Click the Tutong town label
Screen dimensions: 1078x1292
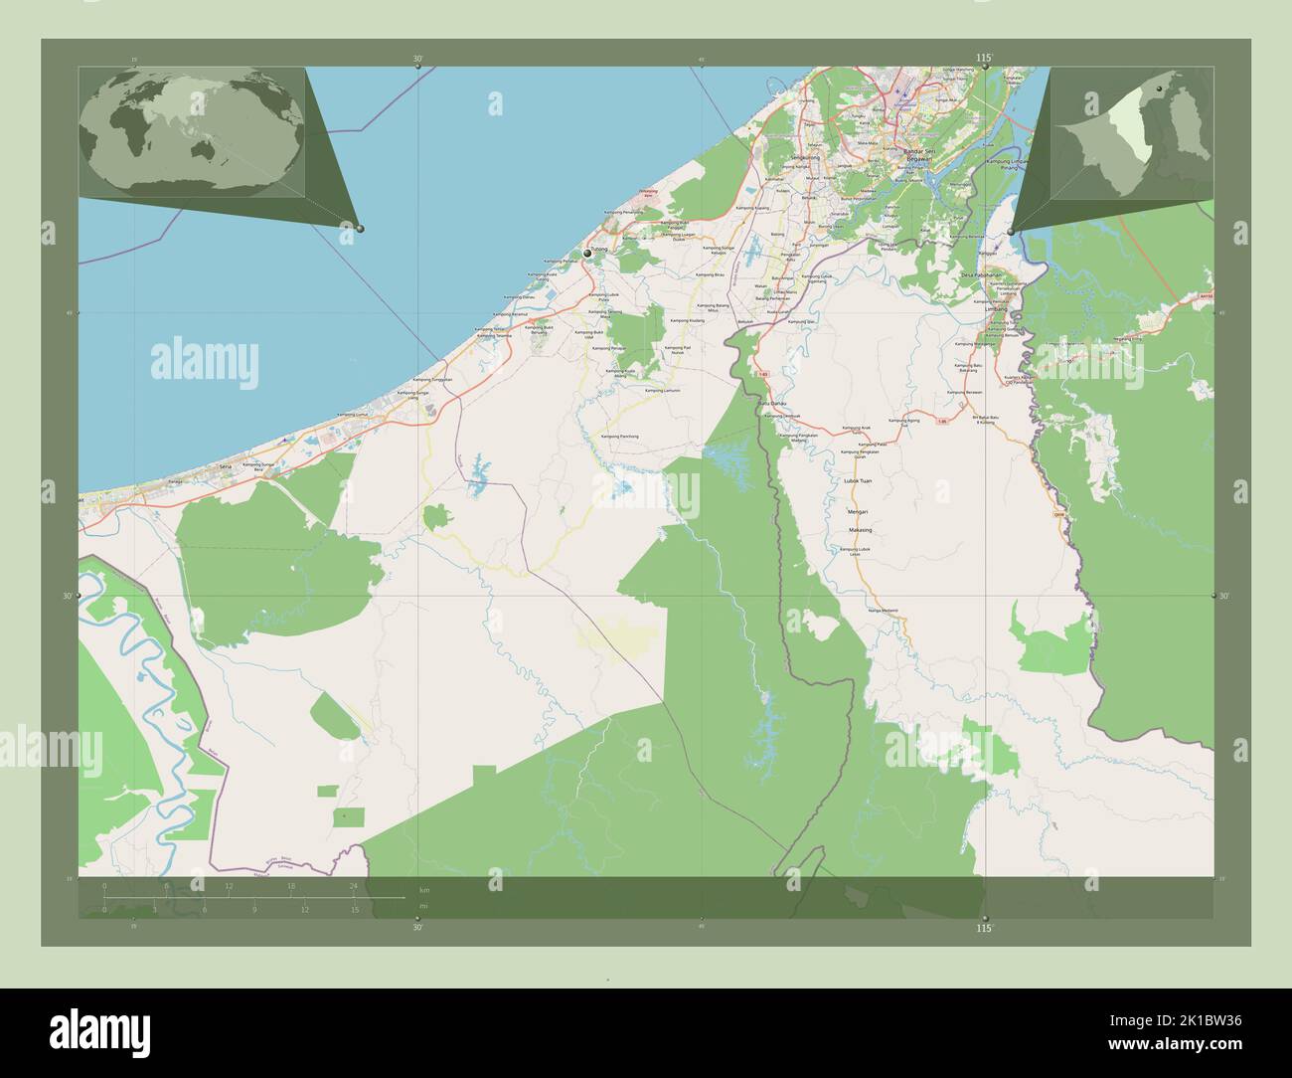pyautogui.click(x=598, y=250)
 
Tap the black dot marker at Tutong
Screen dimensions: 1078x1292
pyautogui.click(x=588, y=255)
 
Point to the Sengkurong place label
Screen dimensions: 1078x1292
pyautogui.click(x=782, y=157)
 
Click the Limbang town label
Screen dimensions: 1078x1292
pyautogui.click(x=996, y=310)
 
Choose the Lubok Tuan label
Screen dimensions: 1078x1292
pyautogui.click(x=857, y=481)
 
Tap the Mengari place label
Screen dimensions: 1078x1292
pyautogui.click(x=858, y=511)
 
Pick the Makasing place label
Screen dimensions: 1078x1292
pyautogui.click(x=860, y=530)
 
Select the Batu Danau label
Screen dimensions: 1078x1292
pyautogui.click(x=773, y=402)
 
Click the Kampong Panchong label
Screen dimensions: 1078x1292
pyautogui.click(x=620, y=437)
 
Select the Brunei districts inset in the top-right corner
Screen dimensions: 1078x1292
pyautogui.click(x=1131, y=130)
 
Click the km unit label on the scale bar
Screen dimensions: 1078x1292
pyautogui.click(x=424, y=889)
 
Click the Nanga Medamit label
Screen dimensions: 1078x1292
pyautogui.click(x=882, y=611)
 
